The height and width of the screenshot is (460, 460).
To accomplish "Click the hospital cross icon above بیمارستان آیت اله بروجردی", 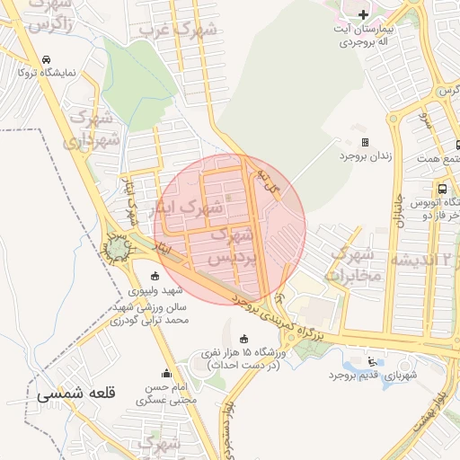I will [363, 15].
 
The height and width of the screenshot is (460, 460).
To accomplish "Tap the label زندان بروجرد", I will [366, 155].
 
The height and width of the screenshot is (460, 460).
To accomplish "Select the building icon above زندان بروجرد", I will [365, 142].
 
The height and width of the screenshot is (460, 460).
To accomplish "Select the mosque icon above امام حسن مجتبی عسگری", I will [165, 373].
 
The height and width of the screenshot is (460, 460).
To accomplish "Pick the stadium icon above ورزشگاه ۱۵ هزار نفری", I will [243, 337].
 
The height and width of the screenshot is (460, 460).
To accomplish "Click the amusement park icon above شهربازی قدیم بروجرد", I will [372, 361].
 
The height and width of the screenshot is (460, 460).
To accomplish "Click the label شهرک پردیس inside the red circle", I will [231, 246].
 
